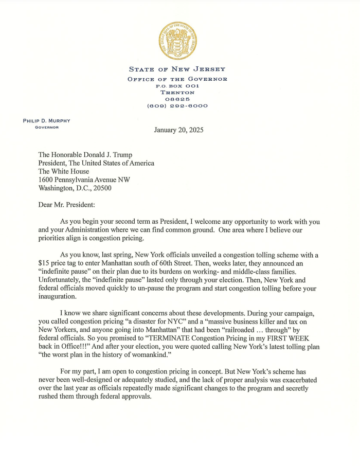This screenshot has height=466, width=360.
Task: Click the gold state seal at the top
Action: (177, 41)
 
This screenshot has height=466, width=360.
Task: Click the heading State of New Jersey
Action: (177, 69)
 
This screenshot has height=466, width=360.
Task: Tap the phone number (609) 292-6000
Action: (177, 106)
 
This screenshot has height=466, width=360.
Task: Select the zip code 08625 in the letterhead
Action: (177, 99)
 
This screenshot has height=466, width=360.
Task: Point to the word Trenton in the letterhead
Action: (177, 93)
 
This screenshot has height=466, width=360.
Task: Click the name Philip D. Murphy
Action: (47, 121)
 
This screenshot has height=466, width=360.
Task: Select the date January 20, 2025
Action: (178, 130)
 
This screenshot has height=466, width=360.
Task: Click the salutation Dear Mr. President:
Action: (67, 205)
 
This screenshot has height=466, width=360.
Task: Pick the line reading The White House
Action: (64, 171)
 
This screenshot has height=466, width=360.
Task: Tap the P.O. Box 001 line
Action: (177, 86)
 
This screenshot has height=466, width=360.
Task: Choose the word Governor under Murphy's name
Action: (47, 127)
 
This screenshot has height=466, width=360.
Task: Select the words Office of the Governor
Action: (177, 79)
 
